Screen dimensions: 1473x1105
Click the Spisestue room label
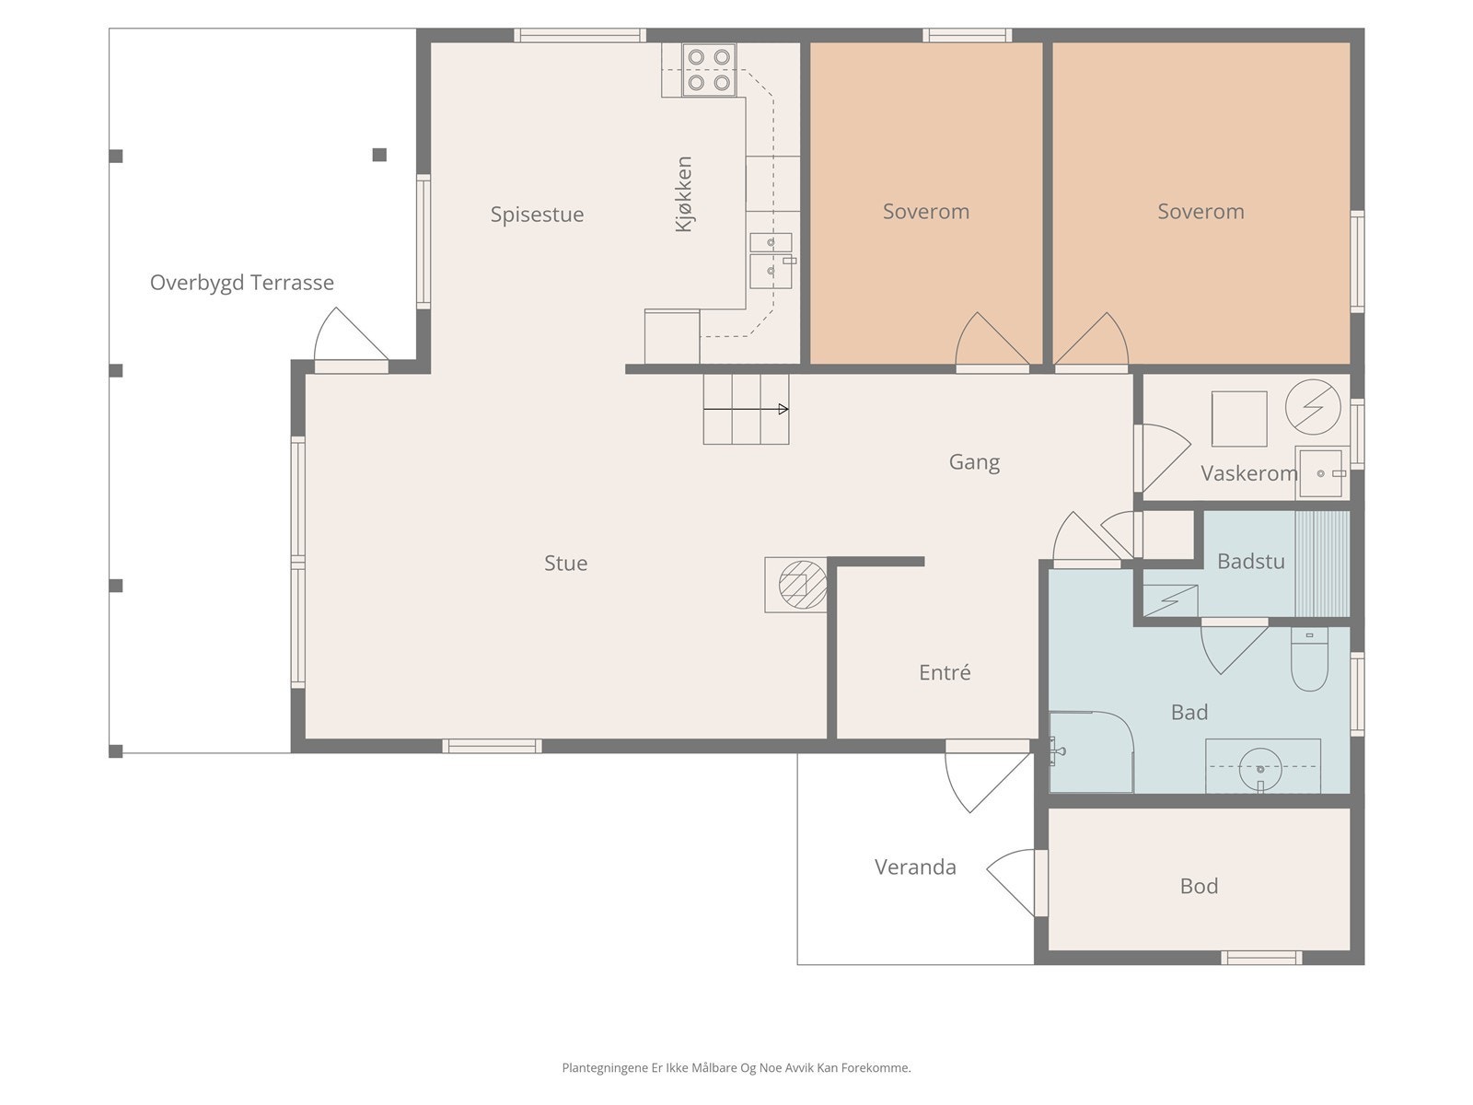(537, 215)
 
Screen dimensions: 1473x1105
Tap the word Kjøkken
(683, 194)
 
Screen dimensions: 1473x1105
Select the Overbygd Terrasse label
(241, 283)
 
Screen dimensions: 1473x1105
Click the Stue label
(565, 563)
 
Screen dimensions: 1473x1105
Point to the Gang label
(974, 462)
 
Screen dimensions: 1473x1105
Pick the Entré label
(945, 672)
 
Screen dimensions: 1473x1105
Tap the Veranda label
(915, 867)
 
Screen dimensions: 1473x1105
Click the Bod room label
(1200, 886)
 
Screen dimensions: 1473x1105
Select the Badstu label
(1251, 562)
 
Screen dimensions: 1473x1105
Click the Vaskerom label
(1249, 473)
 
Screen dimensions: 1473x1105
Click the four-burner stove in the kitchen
(709, 70)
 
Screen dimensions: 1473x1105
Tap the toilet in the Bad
(1309, 659)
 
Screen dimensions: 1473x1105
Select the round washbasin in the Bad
(1260, 769)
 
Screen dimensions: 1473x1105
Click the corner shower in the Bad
(1091, 751)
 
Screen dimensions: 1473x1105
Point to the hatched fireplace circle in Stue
(803, 585)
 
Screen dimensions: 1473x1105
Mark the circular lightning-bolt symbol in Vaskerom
(1313, 407)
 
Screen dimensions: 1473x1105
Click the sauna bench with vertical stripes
(1321, 564)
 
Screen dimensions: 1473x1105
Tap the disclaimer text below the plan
(736, 1068)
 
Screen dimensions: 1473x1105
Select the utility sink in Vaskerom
(1322, 473)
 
